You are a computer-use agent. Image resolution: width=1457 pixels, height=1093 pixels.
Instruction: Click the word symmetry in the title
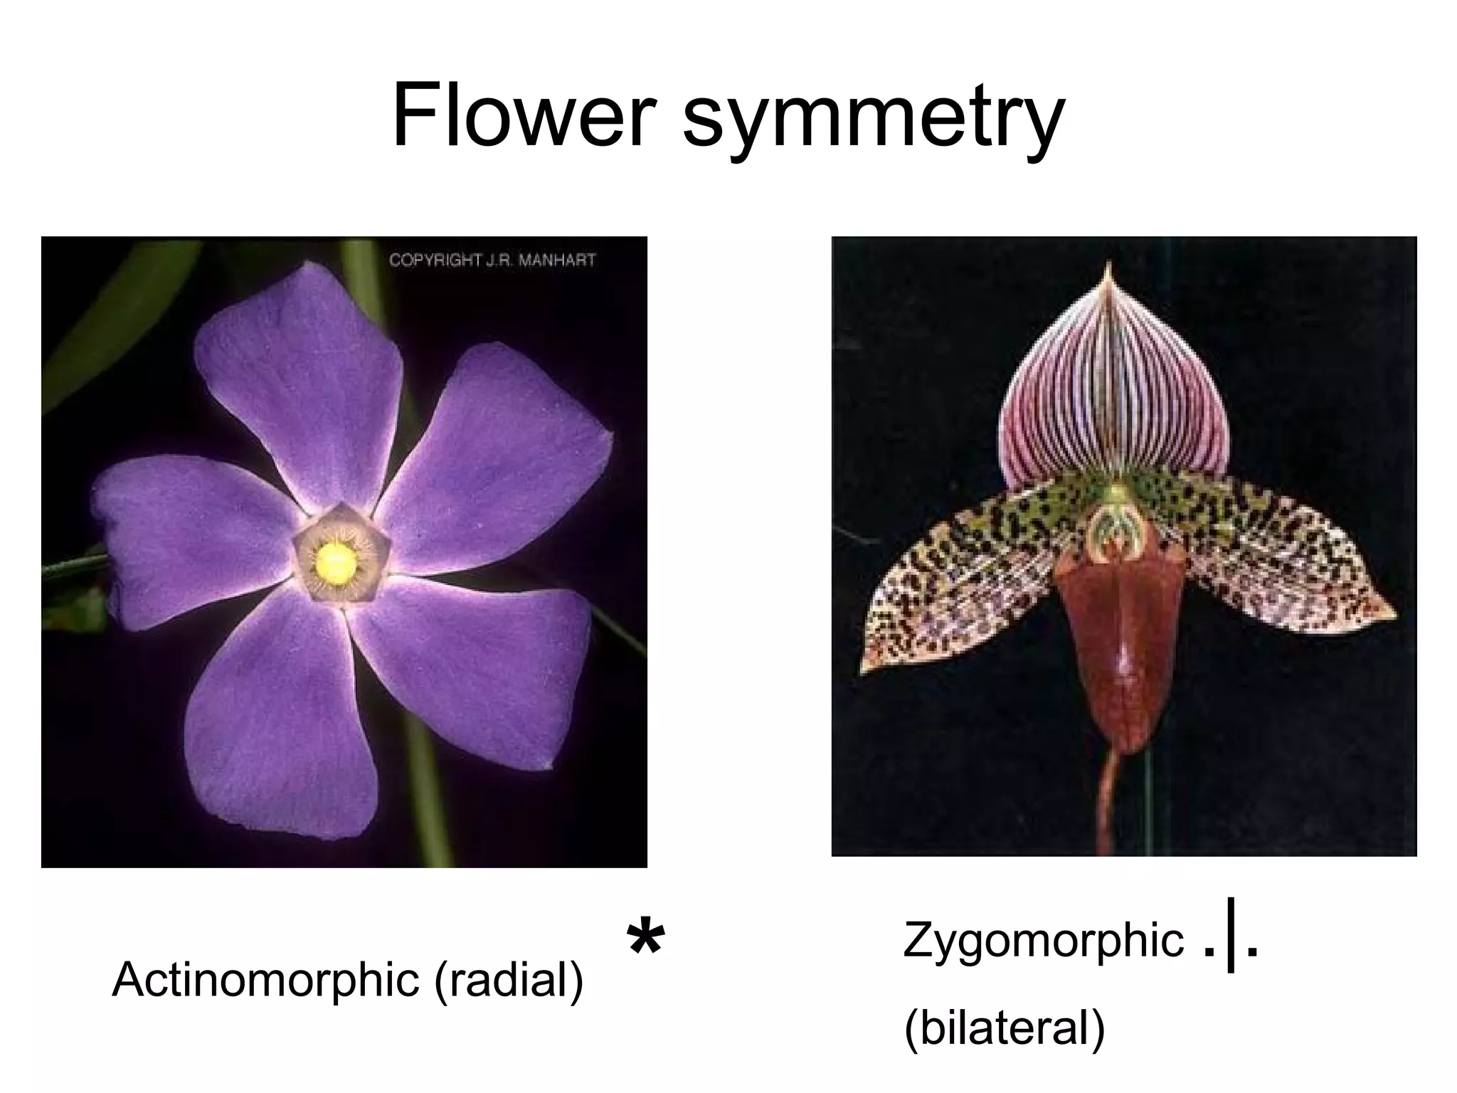[x=873, y=121]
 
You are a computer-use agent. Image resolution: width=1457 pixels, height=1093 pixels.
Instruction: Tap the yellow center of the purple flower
[x=336, y=561]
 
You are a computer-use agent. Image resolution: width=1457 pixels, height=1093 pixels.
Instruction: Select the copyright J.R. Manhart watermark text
[x=492, y=260]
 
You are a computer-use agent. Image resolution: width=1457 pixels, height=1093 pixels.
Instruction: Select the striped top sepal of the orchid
[x=1113, y=398]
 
